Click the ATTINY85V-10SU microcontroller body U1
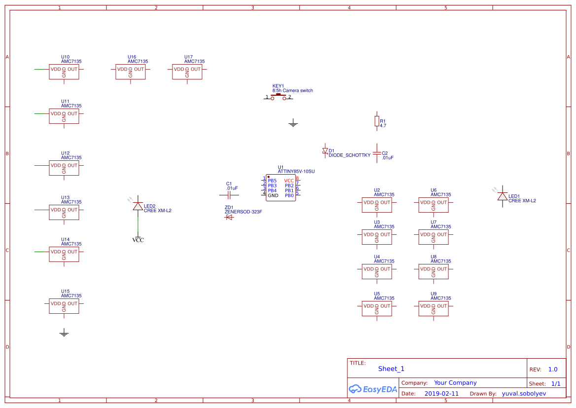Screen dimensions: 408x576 [x=281, y=188]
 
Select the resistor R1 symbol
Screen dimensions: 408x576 [x=377, y=121]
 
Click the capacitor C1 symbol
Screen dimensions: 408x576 [x=229, y=195]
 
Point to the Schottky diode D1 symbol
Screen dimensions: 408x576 [x=325, y=150]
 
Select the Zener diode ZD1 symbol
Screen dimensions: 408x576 [x=229, y=217]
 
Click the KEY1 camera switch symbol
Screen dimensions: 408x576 [x=278, y=97]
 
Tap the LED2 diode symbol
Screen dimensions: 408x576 [x=138, y=206]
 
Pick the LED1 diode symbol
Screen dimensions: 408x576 [x=502, y=196]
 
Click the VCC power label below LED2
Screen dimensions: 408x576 [x=138, y=240]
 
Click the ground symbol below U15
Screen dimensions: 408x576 [x=64, y=333]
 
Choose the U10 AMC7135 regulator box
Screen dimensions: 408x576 [x=64, y=72]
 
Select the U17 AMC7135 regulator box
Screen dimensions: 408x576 [x=187, y=72]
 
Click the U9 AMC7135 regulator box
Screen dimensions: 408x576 [x=434, y=308]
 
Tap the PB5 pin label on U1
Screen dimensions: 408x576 [x=272, y=181]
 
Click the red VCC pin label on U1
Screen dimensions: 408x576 [x=289, y=181]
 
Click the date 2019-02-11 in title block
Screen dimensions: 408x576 [x=441, y=394]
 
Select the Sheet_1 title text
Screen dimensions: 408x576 [x=391, y=369]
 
